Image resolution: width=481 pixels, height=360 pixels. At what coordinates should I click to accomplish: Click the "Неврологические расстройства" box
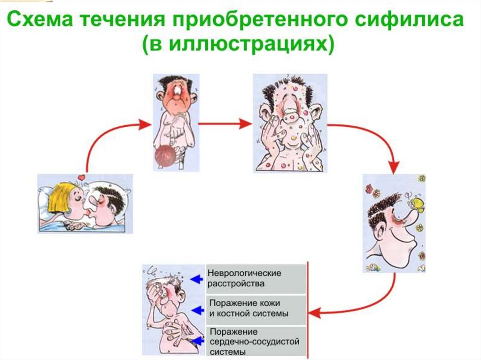pyautogui.click(x=256, y=278)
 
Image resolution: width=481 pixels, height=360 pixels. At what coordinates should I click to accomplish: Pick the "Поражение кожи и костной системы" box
pyautogui.click(x=256, y=309)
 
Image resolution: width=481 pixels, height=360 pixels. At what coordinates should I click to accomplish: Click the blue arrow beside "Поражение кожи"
pyautogui.click(x=196, y=310)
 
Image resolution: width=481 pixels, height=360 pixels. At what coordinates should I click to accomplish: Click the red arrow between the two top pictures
pyautogui.click(x=225, y=124)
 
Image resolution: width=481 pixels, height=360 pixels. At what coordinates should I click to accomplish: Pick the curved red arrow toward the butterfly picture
pyautogui.click(x=376, y=141)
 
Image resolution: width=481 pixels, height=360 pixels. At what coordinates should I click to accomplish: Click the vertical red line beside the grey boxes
pyautogui.click(x=307, y=310)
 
